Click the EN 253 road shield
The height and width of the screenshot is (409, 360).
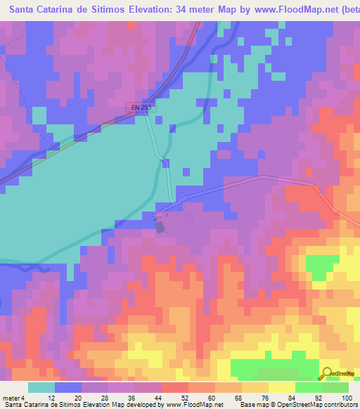click(142, 107)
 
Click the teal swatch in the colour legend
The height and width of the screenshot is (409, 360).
click(41, 387)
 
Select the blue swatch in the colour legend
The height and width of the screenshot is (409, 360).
click(68, 387)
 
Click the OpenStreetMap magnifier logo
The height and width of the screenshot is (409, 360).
click(326, 373)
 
